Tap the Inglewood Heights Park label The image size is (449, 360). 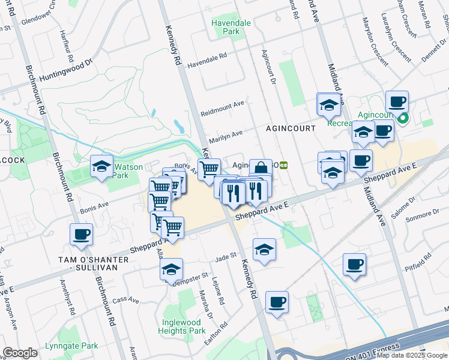182,326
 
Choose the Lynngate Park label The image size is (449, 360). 71,346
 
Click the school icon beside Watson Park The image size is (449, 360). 101,166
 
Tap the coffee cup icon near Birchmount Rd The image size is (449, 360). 81,235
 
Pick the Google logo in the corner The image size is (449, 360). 20,353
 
